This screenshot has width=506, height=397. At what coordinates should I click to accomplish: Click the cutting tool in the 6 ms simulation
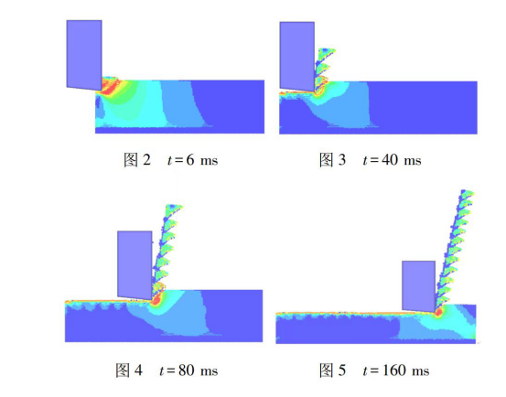(84, 55)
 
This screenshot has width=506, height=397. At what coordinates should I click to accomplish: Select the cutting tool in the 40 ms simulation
(296, 57)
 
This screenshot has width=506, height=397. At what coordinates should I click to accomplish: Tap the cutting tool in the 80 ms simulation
(135, 264)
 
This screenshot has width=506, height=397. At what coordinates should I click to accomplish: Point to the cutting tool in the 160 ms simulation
(418, 286)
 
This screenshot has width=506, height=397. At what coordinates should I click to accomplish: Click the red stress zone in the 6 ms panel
(108, 86)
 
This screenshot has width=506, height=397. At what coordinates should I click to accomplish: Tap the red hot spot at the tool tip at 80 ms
(156, 301)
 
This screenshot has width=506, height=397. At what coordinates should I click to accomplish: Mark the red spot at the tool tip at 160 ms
(438, 313)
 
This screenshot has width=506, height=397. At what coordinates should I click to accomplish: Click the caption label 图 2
(137, 160)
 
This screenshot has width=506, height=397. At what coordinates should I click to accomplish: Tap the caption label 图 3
(332, 160)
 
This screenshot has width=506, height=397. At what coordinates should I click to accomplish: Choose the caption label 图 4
(129, 370)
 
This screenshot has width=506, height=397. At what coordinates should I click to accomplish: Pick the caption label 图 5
(332, 370)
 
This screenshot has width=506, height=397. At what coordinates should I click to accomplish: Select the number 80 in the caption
(186, 370)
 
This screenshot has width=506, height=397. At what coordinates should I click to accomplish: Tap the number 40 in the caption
(390, 160)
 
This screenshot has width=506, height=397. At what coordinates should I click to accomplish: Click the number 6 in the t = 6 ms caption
(190, 160)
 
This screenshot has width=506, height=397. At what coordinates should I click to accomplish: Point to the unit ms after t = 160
(421, 371)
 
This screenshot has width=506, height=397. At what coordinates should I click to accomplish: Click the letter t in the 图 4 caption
(162, 370)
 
